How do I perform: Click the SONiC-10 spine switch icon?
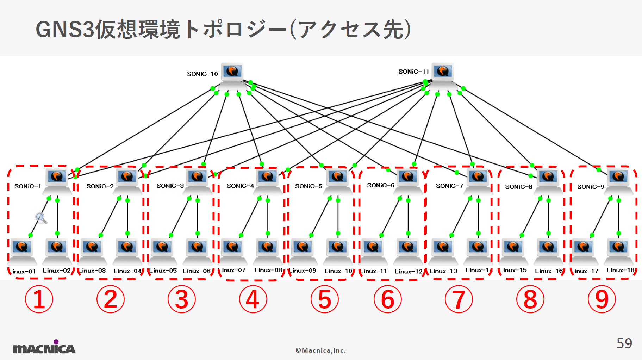pyautogui.click(x=232, y=75)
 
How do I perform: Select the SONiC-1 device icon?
pyautogui.click(x=57, y=180)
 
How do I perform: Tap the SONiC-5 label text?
pyautogui.click(x=308, y=186)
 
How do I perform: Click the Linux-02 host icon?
pyautogui.click(x=57, y=251)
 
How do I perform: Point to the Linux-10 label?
pyautogui.click(x=338, y=271)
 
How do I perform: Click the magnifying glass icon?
pyautogui.click(x=41, y=218)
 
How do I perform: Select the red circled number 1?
pyautogui.click(x=39, y=299)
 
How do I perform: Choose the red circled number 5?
pyautogui.click(x=324, y=299)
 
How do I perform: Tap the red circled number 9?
pyautogui.click(x=602, y=299)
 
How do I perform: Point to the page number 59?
pyautogui.click(x=624, y=343)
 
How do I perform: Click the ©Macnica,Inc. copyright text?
pyautogui.click(x=320, y=350)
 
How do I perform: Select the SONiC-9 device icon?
pyautogui.click(x=618, y=180)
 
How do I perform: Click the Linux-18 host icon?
pyautogui.click(x=618, y=251)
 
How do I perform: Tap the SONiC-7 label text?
pyautogui.click(x=449, y=186)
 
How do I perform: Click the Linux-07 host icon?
pyautogui.click(x=232, y=251)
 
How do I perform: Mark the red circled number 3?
pyautogui.click(x=181, y=299)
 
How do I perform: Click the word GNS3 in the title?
pyautogui.click(x=65, y=29)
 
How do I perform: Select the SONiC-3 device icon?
pyautogui.click(x=197, y=180)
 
